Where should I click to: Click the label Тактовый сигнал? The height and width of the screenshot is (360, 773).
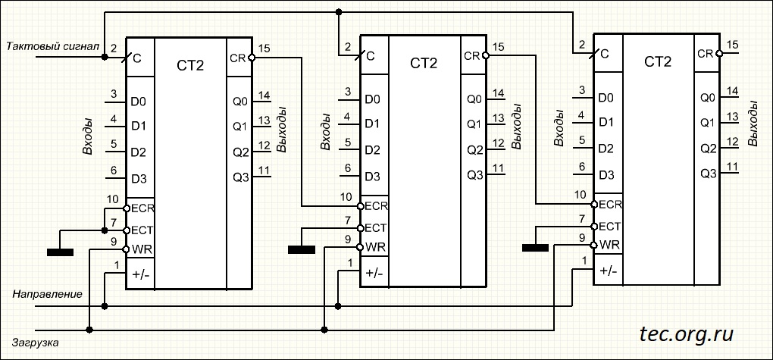click(53, 46)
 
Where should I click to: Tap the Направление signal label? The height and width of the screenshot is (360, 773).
click(47, 294)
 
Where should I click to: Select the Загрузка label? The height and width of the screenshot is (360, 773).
click(36, 343)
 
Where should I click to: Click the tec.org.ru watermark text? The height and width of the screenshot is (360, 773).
click(686, 334)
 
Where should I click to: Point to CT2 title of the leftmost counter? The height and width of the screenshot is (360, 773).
click(189, 65)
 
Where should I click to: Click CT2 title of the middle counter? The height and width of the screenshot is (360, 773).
click(424, 63)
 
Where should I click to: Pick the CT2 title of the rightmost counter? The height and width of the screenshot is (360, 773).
click(658, 61)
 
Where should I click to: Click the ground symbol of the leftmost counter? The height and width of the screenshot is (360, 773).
click(60, 252)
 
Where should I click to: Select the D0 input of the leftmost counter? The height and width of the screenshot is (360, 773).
click(139, 102)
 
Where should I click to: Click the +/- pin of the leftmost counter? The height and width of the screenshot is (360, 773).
click(140, 275)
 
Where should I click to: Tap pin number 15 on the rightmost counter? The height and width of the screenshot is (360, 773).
click(733, 45)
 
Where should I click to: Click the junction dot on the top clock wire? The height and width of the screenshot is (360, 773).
click(338, 12)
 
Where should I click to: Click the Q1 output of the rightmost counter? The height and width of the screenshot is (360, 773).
click(708, 122)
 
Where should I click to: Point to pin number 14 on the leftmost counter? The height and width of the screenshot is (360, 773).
click(264, 95)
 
